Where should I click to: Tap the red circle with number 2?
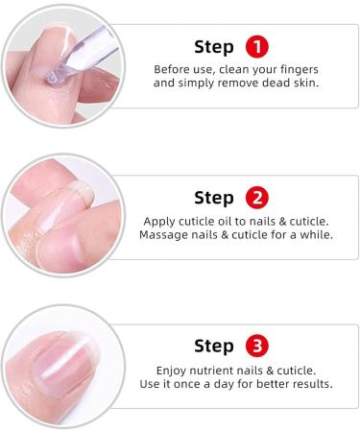tap(257, 199)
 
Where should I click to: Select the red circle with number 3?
tap(257, 346)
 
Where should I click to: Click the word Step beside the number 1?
tap(214, 47)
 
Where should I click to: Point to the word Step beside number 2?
tap(214, 199)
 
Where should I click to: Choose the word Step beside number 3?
tap(214, 346)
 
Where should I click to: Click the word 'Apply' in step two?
tap(159, 221)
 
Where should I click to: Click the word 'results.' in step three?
tap(307, 384)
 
